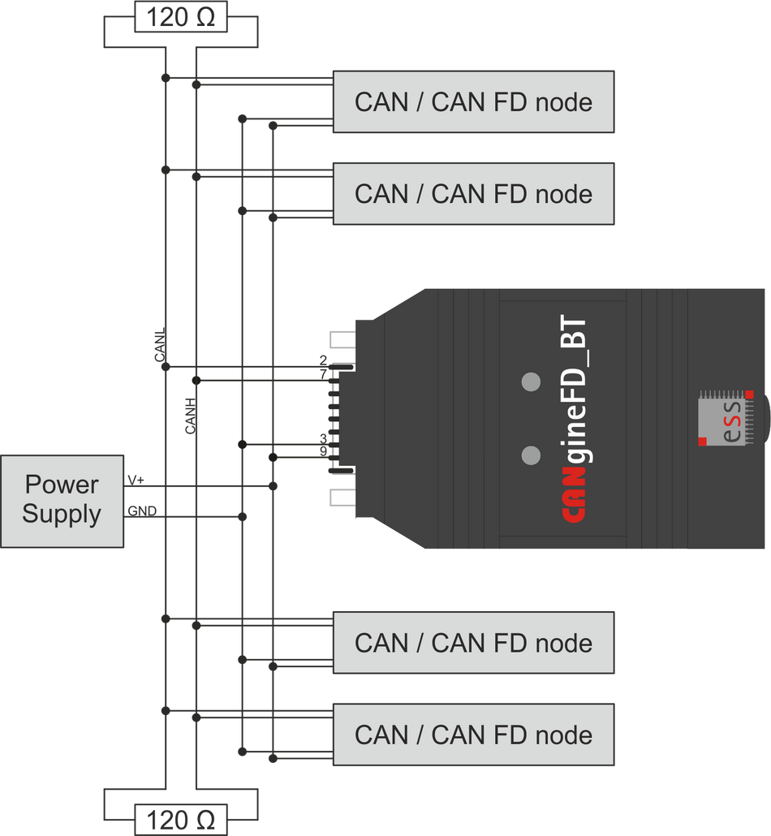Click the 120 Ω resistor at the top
pyautogui.click(x=179, y=16)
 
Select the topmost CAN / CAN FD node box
pyautogui.click(x=473, y=102)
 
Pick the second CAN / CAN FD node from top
pyautogui.click(x=473, y=194)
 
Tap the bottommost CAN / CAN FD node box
pyautogui.click(x=473, y=735)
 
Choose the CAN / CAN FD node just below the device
pyautogui.click(x=473, y=643)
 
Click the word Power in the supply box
pyautogui.click(x=62, y=485)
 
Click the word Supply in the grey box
pyautogui.click(x=62, y=514)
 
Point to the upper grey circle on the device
pyautogui.click(x=531, y=381)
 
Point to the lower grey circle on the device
pyautogui.click(x=531, y=455)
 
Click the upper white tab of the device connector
pyautogui.click(x=342, y=339)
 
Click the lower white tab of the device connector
pyautogui.click(x=342, y=497)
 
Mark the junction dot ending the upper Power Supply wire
pyautogui.click(x=273, y=485)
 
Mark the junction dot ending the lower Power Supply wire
pyautogui.click(x=241, y=515)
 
